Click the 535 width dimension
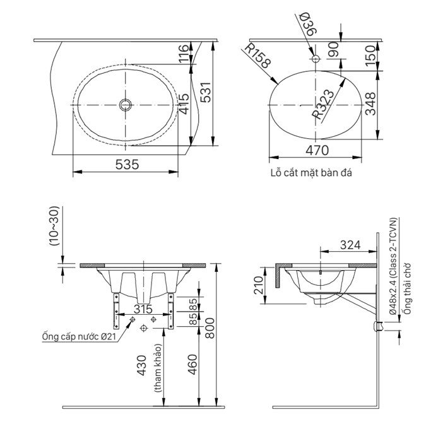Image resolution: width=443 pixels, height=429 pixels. (x=127, y=165)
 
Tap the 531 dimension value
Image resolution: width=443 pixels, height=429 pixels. (x=206, y=92)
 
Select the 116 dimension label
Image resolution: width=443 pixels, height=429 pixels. (x=184, y=53)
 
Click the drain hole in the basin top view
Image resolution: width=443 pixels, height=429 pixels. (x=125, y=105)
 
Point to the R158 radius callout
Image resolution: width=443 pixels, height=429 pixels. (x=257, y=56)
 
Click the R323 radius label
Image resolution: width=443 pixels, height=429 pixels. (x=323, y=104)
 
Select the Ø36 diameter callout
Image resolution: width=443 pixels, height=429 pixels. (x=307, y=24)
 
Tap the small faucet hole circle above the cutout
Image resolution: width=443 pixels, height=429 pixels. (x=316, y=59)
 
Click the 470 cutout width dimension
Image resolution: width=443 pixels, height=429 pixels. (x=317, y=150)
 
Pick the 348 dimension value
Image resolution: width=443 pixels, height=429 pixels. (x=371, y=103)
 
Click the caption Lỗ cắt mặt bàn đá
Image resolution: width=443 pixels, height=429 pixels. (x=311, y=173)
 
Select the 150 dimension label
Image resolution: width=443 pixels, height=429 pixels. (x=371, y=56)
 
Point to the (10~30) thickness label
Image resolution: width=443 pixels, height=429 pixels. (x=54, y=225)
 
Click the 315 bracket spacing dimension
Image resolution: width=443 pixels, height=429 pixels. (x=143, y=309)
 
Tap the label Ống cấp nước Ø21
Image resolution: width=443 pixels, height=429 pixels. (x=78, y=337)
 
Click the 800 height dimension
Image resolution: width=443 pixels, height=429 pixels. (x=210, y=328)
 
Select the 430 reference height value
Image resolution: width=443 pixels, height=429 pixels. (x=141, y=365)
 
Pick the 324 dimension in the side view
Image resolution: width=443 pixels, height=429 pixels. (x=350, y=245)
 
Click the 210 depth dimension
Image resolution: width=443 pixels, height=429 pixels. (x=258, y=285)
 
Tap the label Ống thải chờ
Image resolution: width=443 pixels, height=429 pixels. (x=407, y=288)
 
